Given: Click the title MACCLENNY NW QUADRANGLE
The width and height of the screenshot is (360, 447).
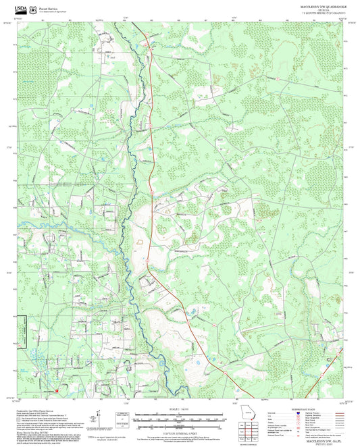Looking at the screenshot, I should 314,6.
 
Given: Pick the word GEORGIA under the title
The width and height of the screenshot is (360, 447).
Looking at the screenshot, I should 315,10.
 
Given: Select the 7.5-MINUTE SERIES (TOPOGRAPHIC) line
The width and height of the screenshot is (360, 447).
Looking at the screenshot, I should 315,14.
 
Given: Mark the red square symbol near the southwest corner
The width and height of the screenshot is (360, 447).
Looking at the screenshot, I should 57,390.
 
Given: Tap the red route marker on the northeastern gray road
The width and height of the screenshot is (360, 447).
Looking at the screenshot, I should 277,78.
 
